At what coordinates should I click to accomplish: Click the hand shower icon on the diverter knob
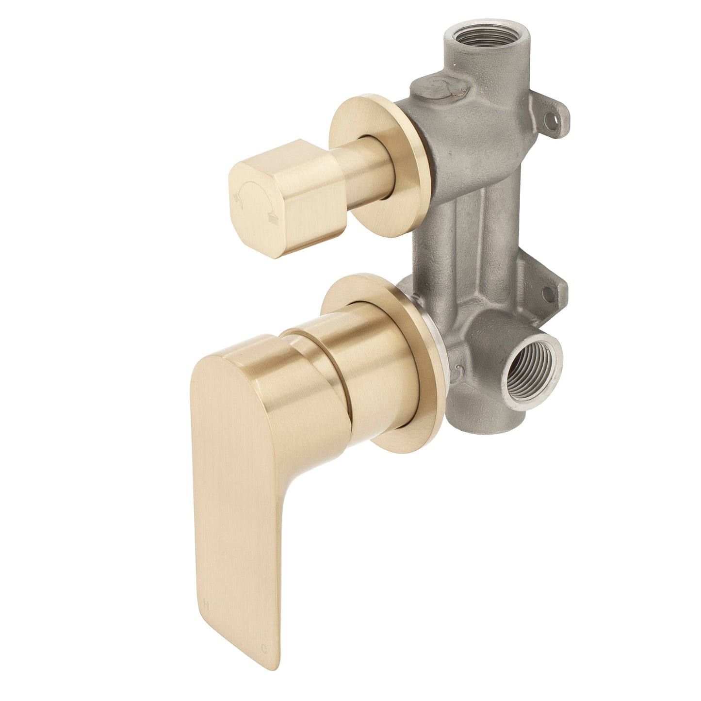point(239,196)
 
